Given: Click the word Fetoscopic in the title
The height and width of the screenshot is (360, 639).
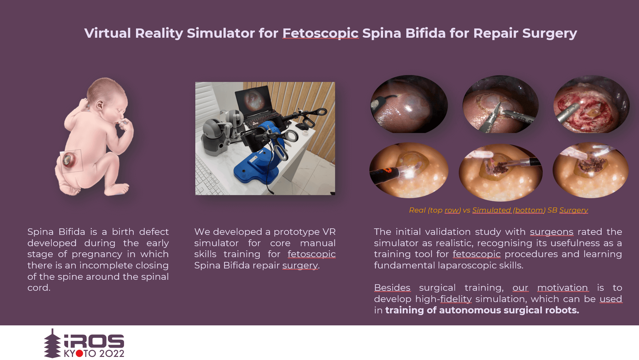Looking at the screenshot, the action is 320,33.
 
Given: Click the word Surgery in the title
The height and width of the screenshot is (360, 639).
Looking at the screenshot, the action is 550,34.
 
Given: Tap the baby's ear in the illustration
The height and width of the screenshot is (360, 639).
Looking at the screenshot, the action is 100,105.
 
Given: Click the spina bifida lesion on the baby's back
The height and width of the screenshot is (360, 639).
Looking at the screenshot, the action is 67,160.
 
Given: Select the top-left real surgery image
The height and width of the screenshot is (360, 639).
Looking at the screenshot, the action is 409,104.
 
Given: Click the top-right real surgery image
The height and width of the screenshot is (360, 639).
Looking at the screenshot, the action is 591,104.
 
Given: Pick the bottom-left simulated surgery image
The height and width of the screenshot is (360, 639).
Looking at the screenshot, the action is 409,170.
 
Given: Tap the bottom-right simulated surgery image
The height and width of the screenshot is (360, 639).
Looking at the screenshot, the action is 591,170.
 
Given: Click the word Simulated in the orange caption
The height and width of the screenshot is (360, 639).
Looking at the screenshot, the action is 492,210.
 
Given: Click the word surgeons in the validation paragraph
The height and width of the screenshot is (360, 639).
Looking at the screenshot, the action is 552,232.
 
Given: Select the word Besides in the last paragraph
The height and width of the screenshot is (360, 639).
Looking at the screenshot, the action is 392,288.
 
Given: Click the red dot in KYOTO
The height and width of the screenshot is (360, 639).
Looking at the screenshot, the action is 79,353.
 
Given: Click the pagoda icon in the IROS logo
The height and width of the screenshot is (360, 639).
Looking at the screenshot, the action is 52,344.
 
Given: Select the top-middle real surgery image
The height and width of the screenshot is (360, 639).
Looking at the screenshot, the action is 501,104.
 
